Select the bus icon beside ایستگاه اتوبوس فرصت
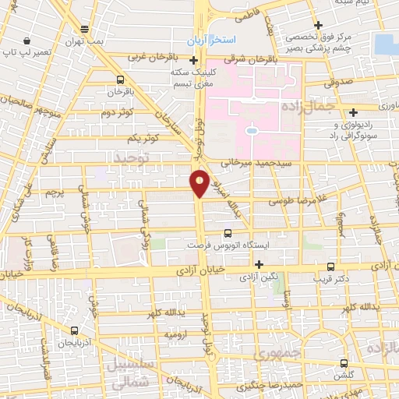[228, 232]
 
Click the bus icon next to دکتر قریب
[330, 266]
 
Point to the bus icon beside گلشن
[344, 363]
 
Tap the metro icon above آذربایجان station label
[75, 330]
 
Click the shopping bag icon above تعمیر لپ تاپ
[27, 40]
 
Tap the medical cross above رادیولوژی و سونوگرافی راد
[355, 111]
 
